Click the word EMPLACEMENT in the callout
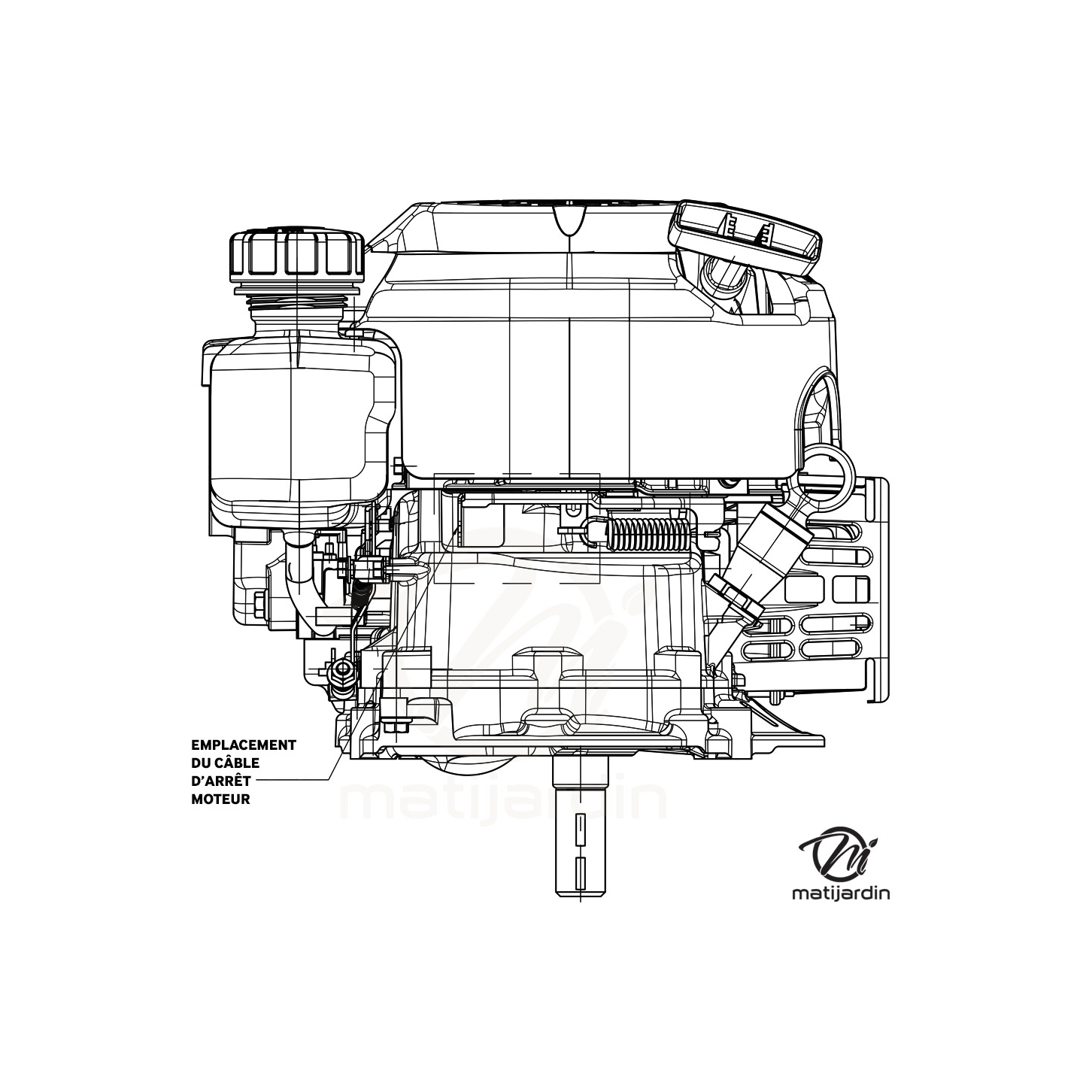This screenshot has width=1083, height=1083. click(x=244, y=745)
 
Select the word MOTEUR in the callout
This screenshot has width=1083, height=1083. click(x=221, y=799)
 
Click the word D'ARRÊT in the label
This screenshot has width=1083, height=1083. click(x=221, y=781)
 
